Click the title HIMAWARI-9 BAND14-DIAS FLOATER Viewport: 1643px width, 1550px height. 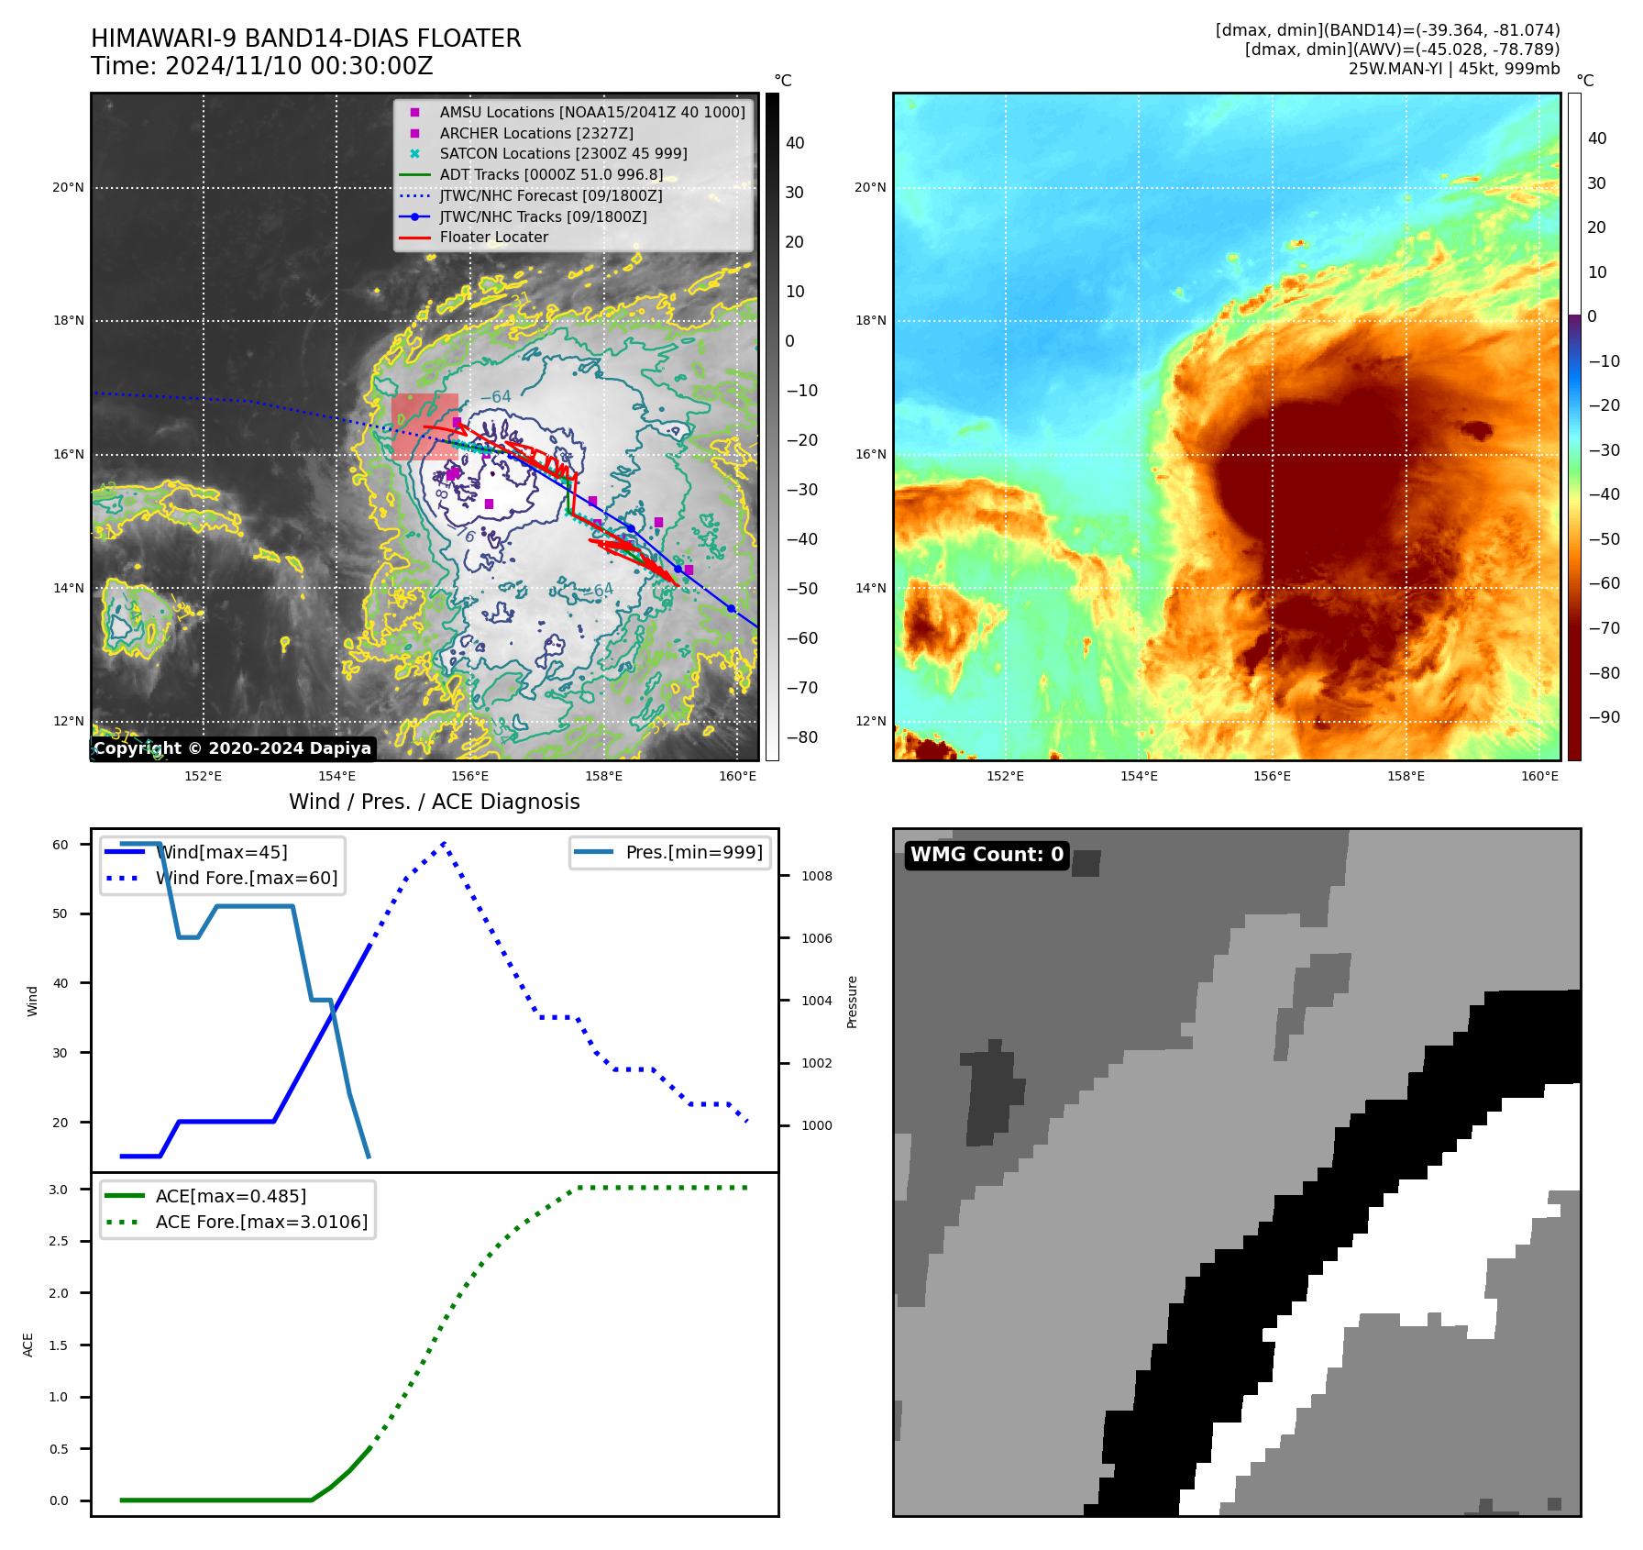click(x=305, y=39)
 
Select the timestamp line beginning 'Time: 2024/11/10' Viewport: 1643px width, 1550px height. click(x=261, y=66)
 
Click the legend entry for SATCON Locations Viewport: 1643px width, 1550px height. click(x=563, y=153)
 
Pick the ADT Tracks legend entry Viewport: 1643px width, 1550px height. click(x=551, y=174)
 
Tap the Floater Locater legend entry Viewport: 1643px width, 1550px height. click(x=493, y=237)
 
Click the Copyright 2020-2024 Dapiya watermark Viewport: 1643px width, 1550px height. click(x=232, y=748)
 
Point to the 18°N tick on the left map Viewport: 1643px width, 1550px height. click(x=69, y=321)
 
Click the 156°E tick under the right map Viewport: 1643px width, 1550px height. click(x=1272, y=776)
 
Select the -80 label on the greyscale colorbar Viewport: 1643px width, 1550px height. click(x=796, y=737)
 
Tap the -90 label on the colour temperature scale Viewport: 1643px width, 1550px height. click(x=1604, y=717)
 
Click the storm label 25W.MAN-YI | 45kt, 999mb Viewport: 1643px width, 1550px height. click(x=1453, y=69)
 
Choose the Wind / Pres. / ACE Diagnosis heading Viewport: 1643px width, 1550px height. click(x=434, y=802)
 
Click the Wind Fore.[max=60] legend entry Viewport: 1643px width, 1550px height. click(x=247, y=878)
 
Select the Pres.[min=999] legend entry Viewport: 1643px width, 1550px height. click(x=693, y=852)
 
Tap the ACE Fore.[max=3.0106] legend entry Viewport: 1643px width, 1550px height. click(x=261, y=1222)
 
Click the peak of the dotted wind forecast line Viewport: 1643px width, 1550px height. click(x=445, y=842)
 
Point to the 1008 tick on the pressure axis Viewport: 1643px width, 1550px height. click(x=816, y=876)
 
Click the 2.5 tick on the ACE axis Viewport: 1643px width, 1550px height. click(x=58, y=1241)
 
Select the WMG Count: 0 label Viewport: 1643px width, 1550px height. click(x=987, y=855)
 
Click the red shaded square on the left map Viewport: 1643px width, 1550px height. click(x=425, y=426)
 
